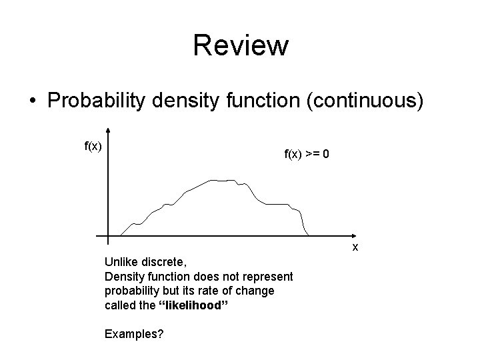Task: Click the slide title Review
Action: tap(241, 45)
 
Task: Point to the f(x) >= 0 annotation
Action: tap(306, 154)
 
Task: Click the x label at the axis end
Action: tap(355, 247)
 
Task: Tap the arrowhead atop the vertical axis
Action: tap(108, 131)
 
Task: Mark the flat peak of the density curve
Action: tap(222, 180)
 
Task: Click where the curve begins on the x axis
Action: tap(120, 235)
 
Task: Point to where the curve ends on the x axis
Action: tap(308, 235)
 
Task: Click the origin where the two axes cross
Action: tap(108, 236)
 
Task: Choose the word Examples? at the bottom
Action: tap(134, 333)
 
